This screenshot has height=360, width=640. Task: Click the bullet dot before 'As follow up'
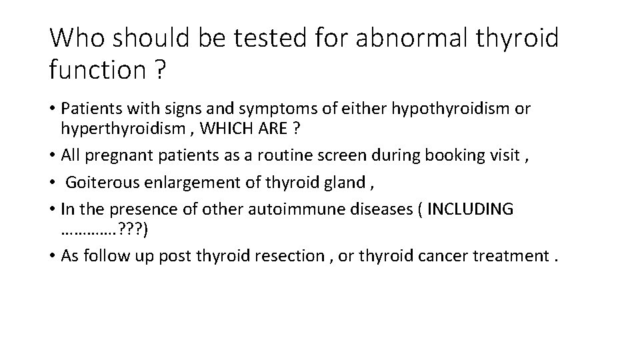[x=53, y=256]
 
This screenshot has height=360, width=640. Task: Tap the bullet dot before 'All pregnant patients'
[x=53, y=155]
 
